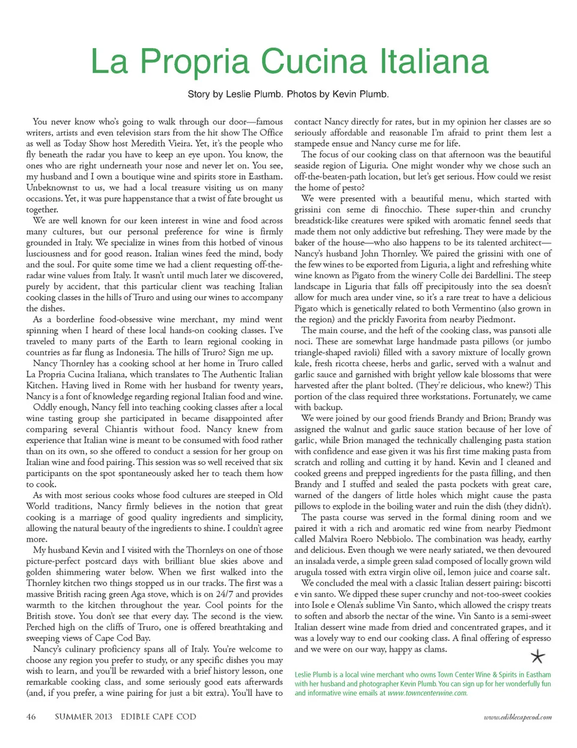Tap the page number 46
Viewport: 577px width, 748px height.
[x=31, y=716]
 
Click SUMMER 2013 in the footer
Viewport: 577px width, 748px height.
[x=84, y=716]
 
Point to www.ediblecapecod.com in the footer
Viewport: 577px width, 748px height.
[x=517, y=717]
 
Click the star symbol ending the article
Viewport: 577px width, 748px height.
[x=538, y=656]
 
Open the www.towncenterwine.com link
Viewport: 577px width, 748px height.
[x=427, y=693]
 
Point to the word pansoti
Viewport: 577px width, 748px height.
[x=515, y=330]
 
